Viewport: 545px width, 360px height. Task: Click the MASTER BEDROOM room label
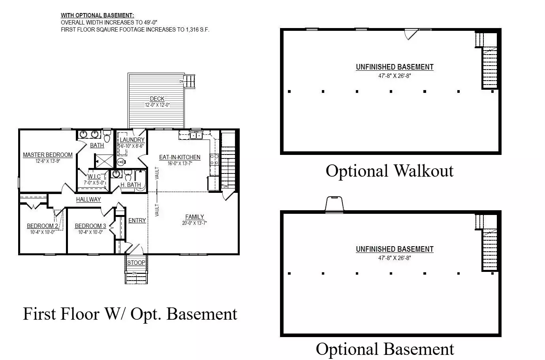pos(48,155)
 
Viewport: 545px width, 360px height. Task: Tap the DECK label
pos(157,98)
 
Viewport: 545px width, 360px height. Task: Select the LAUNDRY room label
pos(132,140)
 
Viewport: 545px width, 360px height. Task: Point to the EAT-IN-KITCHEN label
pos(180,157)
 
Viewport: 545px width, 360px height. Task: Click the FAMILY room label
pos(195,217)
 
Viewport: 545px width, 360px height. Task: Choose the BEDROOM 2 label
pos(42,226)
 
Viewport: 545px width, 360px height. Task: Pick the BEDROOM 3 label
pos(90,226)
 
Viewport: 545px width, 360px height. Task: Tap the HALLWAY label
pos(88,199)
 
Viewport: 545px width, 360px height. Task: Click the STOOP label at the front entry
pos(136,263)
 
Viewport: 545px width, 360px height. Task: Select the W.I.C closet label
pos(94,177)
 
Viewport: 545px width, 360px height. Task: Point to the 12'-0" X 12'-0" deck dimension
pos(157,105)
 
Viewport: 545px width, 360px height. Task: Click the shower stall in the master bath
pos(104,161)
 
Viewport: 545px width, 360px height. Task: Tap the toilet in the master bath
pos(107,136)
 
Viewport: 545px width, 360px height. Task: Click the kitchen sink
pos(196,135)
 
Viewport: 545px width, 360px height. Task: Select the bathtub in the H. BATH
pos(141,181)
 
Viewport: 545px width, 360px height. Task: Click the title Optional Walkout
pos(389,171)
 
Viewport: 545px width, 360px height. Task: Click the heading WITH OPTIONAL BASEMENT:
pos(97,15)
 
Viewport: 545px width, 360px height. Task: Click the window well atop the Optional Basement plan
pos(335,204)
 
